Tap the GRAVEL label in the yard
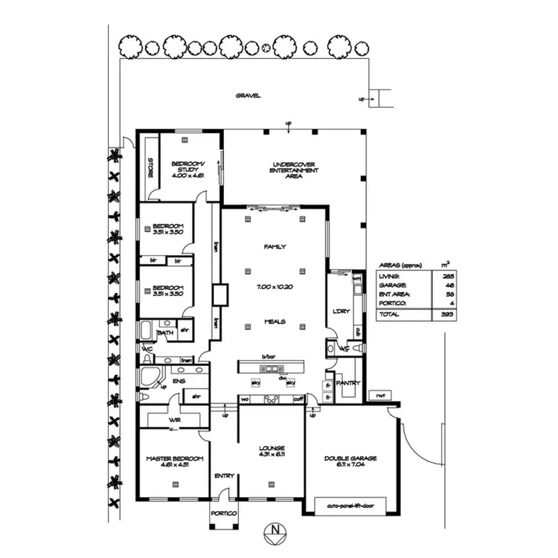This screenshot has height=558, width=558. [x=248, y=96]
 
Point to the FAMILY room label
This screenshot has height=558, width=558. [x=275, y=246]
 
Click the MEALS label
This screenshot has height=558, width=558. [x=275, y=321]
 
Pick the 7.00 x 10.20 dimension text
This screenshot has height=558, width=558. [x=275, y=285]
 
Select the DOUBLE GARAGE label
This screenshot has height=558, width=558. [x=350, y=458]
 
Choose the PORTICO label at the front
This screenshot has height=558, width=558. [x=223, y=514]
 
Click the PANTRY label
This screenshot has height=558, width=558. [x=347, y=383]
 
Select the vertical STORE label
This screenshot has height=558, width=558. [x=150, y=168]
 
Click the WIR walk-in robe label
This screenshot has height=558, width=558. [x=175, y=420]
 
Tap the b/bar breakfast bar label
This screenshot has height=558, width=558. [x=269, y=358]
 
